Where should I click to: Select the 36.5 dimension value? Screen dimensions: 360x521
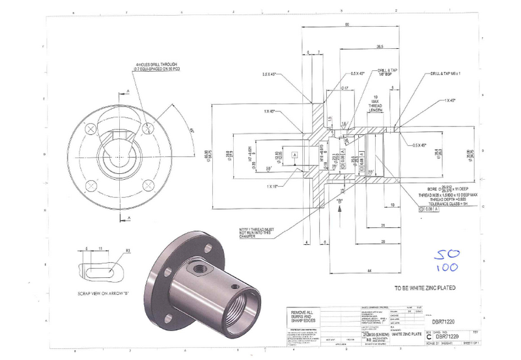(380, 46)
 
